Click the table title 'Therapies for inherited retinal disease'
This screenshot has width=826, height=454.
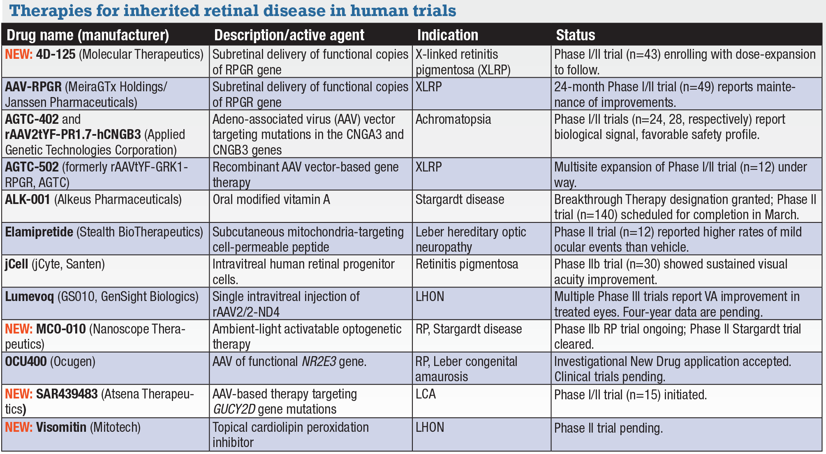(233, 11)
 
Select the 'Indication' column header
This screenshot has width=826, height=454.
(447, 35)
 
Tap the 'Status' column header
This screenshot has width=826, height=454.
(575, 35)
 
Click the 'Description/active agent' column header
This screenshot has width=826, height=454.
(289, 35)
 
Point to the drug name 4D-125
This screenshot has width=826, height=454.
(56, 54)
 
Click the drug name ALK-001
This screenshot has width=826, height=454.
(28, 199)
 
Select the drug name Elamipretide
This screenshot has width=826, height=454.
(39, 232)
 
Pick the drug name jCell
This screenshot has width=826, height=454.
(16, 264)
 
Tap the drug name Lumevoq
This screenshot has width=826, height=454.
(29, 296)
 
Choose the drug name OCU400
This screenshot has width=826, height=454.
(25, 361)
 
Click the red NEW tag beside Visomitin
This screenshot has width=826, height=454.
(19, 427)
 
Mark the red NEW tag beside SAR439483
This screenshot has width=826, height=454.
(19, 394)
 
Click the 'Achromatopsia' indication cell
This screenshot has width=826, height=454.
(453, 119)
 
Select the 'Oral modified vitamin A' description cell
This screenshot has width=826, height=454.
(271, 199)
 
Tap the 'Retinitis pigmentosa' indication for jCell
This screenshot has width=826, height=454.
(467, 264)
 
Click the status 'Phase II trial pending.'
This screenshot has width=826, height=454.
(608, 428)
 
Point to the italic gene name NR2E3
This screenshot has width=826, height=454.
(319, 361)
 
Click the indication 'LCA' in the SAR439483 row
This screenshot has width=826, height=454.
(426, 394)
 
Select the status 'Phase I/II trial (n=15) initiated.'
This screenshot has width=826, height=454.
(630, 395)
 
